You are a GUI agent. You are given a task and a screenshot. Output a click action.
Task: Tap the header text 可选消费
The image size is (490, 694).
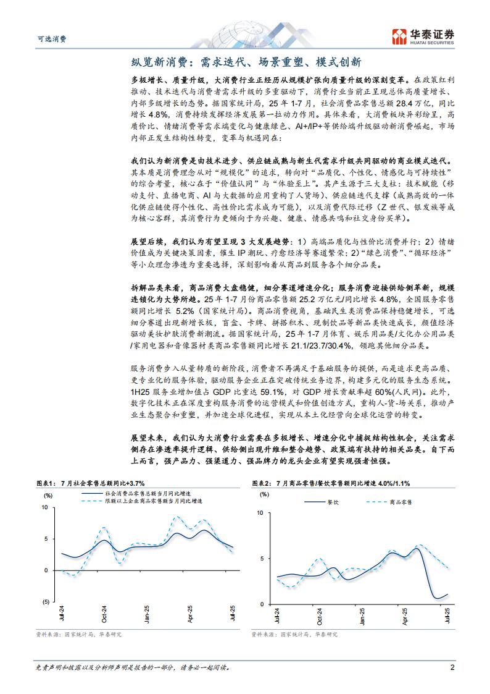tap(49, 38)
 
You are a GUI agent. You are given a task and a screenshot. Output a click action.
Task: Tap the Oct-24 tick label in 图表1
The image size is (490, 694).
tap(104, 616)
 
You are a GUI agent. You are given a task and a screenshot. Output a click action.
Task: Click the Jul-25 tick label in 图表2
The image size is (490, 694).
tap(448, 617)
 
